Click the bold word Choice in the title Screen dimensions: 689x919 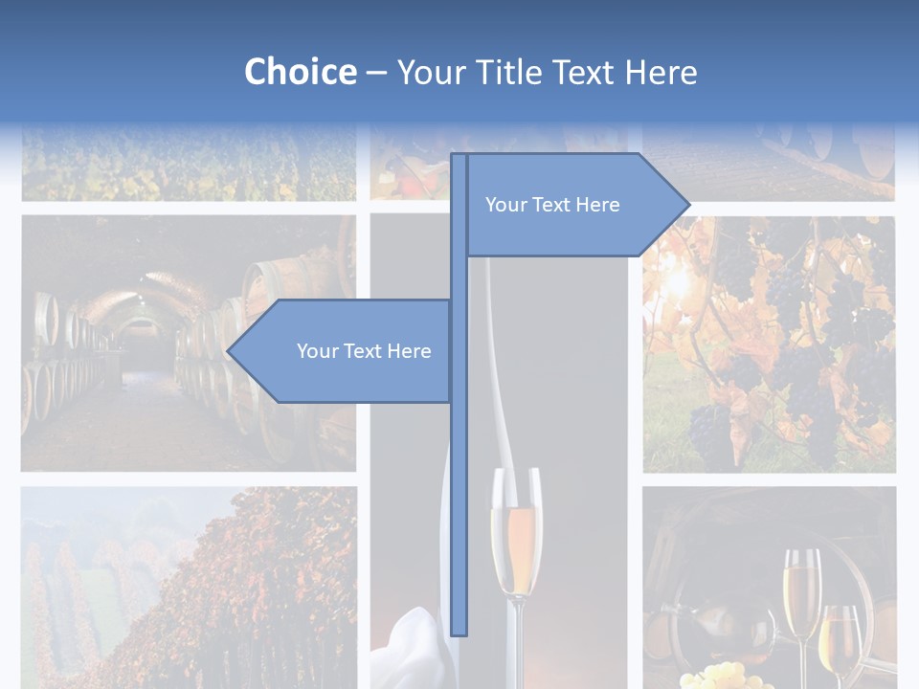[x=300, y=72]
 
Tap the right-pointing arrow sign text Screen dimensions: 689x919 [x=552, y=205]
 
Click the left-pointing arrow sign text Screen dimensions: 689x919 [x=364, y=351]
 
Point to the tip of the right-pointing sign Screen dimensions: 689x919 [x=688, y=204]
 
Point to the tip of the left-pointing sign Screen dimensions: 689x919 [x=229, y=351]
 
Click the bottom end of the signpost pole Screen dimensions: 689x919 [x=459, y=632]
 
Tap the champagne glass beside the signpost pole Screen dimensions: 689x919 [x=515, y=536]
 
